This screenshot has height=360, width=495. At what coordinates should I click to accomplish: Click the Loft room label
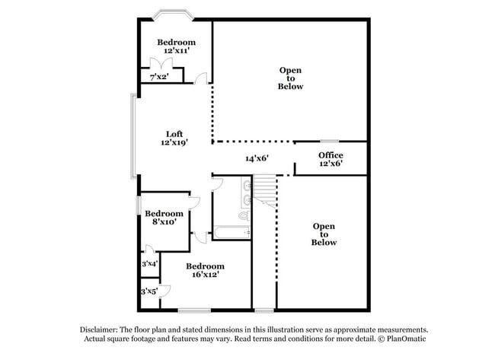click(174, 138)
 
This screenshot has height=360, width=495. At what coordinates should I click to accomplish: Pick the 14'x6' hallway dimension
click(257, 159)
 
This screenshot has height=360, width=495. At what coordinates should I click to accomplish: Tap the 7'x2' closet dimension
click(158, 77)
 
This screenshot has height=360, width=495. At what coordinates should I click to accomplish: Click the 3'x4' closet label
click(149, 263)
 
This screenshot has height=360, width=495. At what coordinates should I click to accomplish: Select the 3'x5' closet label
click(148, 291)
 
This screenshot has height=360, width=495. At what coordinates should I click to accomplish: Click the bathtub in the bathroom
click(232, 232)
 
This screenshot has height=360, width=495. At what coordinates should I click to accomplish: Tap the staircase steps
click(263, 187)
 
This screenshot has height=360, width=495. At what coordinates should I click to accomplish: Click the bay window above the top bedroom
click(175, 14)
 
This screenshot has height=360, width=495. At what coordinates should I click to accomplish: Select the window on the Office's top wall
click(329, 141)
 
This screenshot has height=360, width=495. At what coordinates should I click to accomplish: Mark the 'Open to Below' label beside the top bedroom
click(290, 78)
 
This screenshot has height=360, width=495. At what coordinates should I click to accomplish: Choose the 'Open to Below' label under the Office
click(324, 234)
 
